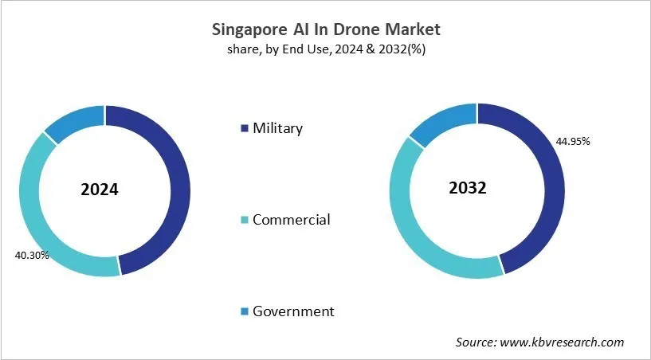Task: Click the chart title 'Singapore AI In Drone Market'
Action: coord(325,30)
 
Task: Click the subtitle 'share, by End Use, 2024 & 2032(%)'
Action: coord(325,49)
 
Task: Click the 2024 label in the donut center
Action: coord(100,190)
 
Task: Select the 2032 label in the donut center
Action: coord(468,188)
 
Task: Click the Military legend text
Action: coord(277,128)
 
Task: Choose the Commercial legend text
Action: coord(291,220)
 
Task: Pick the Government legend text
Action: coord(293,311)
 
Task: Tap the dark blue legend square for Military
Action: coord(244,129)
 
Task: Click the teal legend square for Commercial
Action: coord(244,221)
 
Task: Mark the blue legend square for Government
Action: coord(244,312)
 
